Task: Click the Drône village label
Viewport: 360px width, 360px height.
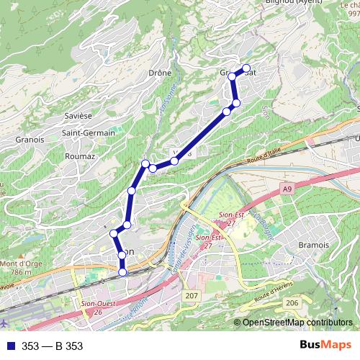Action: point(159,73)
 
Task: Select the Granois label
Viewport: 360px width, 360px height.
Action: point(30,140)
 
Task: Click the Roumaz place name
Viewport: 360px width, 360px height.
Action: point(80,156)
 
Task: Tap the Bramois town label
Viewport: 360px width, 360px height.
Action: point(312,245)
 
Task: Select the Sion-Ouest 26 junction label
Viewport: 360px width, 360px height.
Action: point(97,307)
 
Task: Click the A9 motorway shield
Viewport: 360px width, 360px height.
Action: point(287,188)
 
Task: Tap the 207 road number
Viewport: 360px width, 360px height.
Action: point(191,297)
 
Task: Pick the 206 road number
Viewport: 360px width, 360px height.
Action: point(292,304)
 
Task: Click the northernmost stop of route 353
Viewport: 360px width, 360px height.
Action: point(246,68)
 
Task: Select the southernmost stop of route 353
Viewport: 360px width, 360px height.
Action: point(122,271)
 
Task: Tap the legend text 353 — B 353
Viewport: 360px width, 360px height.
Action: point(52,346)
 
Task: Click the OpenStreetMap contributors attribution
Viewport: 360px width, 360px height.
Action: point(297,323)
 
